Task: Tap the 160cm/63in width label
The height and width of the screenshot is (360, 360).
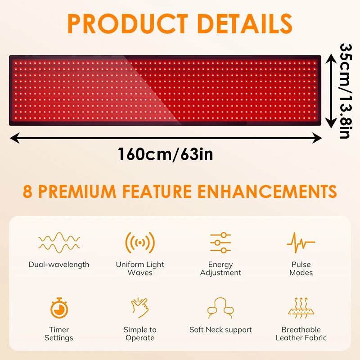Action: [x=165, y=154]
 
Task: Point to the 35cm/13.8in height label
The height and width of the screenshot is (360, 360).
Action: [x=346, y=90]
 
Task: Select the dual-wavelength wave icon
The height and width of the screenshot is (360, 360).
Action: [x=59, y=242]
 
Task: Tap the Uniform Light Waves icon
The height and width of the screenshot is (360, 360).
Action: [x=140, y=243]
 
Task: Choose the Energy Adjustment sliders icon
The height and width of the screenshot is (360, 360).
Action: [x=220, y=243]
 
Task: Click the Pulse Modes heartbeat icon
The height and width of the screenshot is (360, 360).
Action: [x=301, y=243]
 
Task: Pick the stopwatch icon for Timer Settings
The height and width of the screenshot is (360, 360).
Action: [x=59, y=308]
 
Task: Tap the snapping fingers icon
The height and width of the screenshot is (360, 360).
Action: [x=140, y=308]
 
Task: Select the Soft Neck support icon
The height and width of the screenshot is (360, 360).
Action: [x=220, y=308]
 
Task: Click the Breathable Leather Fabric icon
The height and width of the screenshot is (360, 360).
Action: [x=301, y=308]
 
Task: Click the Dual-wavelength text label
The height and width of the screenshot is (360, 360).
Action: [x=59, y=265]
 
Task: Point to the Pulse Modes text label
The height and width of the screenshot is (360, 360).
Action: [x=301, y=269]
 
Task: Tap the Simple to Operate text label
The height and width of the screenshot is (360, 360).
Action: [x=140, y=334]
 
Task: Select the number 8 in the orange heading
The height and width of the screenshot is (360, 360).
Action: [x=28, y=191]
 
